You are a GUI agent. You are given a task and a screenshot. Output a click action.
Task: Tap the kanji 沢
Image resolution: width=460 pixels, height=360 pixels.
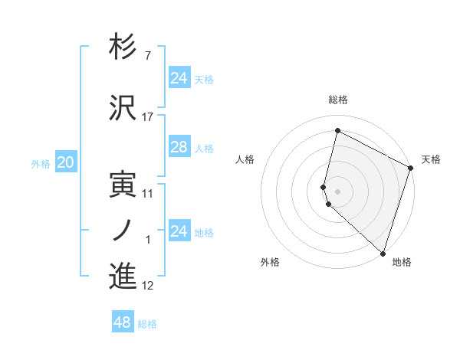click(123, 107)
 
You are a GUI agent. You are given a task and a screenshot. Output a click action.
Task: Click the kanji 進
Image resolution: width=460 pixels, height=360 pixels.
click(123, 276)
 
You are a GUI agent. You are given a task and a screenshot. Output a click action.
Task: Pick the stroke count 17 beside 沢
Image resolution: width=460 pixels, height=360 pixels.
click(148, 117)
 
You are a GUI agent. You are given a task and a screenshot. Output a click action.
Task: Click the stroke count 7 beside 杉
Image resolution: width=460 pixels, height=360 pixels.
click(148, 57)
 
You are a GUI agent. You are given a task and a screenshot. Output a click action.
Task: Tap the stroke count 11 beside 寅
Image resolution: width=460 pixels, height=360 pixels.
click(148, 194)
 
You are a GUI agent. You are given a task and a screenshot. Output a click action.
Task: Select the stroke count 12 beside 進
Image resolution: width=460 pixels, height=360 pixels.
click(148, 286)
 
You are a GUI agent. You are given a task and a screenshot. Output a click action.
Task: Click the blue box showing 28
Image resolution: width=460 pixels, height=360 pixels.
click(179, 147)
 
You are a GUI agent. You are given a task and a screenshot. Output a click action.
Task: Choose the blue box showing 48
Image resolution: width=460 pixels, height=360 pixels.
click(123, 322)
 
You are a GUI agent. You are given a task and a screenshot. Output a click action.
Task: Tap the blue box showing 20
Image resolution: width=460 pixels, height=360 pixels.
click(66, 162)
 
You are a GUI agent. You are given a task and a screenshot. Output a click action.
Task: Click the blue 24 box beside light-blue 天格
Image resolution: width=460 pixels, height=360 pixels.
click(179, 78)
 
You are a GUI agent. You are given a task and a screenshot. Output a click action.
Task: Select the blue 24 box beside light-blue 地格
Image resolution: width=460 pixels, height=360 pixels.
click(179, 231)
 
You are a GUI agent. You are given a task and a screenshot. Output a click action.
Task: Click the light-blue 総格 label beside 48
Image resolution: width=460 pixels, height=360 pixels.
click(147, 324)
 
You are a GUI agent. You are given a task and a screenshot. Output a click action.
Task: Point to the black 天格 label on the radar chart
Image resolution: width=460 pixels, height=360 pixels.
click(431, 159)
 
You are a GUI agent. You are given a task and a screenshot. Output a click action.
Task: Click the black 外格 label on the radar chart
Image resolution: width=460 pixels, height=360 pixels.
click(270, 262)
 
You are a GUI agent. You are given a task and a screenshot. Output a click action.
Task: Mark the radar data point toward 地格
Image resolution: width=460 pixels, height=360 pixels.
click(382, 253)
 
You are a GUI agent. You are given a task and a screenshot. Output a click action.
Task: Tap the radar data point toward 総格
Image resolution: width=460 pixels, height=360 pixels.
click(337, 130)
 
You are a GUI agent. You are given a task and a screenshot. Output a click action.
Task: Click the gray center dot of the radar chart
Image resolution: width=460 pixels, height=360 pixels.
click(337, 191)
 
